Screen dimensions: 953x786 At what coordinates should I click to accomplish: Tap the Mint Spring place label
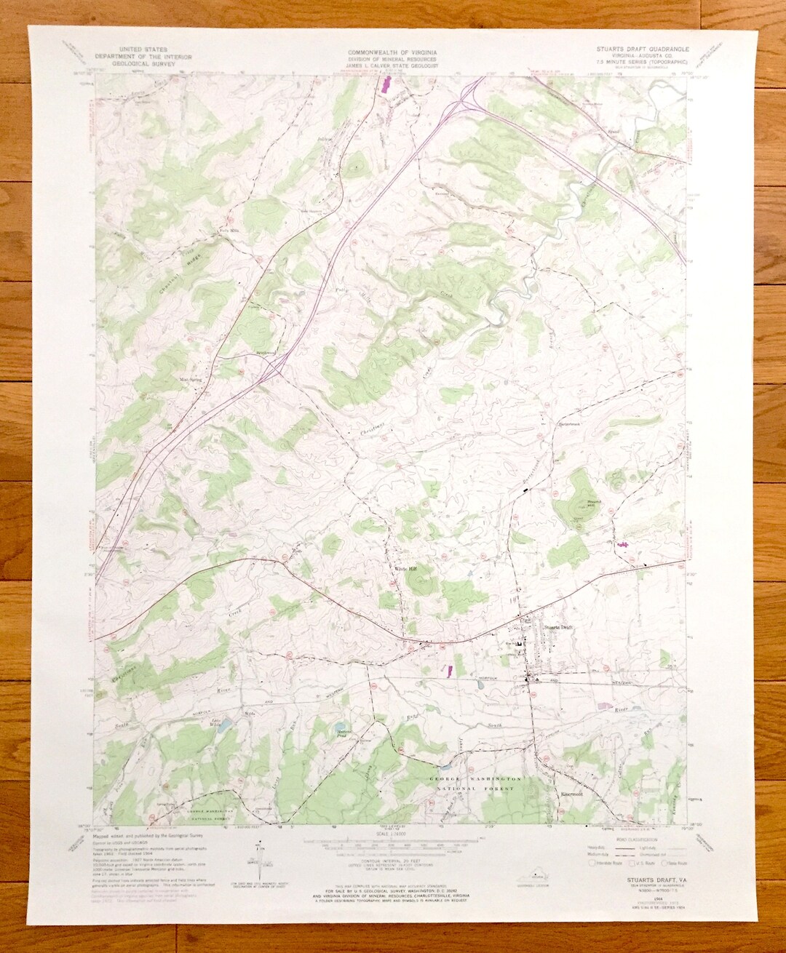point(191,379)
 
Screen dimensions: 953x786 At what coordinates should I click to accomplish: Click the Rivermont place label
point(574,794)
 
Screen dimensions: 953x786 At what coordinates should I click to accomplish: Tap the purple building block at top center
point(385,87)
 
